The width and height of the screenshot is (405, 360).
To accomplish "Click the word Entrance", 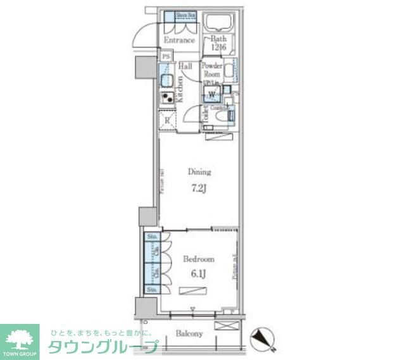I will click(178, 40).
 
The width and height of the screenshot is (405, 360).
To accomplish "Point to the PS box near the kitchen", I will click(165, 55).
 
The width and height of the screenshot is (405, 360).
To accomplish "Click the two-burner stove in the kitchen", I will click(167, 98).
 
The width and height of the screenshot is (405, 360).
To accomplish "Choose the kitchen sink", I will click(167, 80).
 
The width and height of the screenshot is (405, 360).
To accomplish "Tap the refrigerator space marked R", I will click(167, 120).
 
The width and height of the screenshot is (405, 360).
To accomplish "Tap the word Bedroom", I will click(198, 259).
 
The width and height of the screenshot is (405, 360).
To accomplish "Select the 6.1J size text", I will click(198, 273).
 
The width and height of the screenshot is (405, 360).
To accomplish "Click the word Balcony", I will click(189, 333).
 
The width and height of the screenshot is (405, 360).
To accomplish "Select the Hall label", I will click(185, 66).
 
